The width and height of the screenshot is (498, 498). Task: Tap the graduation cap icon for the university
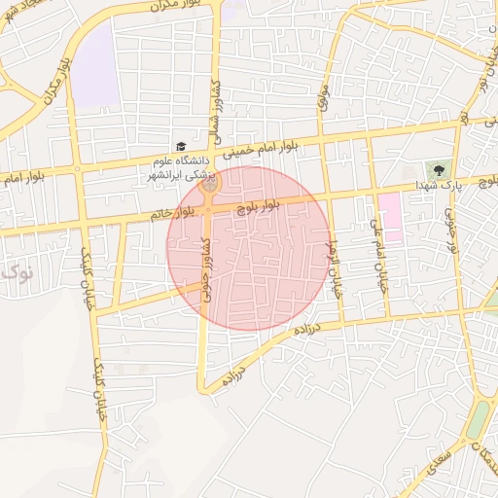click(180, 146)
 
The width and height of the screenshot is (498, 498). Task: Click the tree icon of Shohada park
click(439, 168)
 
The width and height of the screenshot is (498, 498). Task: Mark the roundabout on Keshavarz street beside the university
click(211, 182)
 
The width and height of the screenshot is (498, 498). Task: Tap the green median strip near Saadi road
click(480, 413)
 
